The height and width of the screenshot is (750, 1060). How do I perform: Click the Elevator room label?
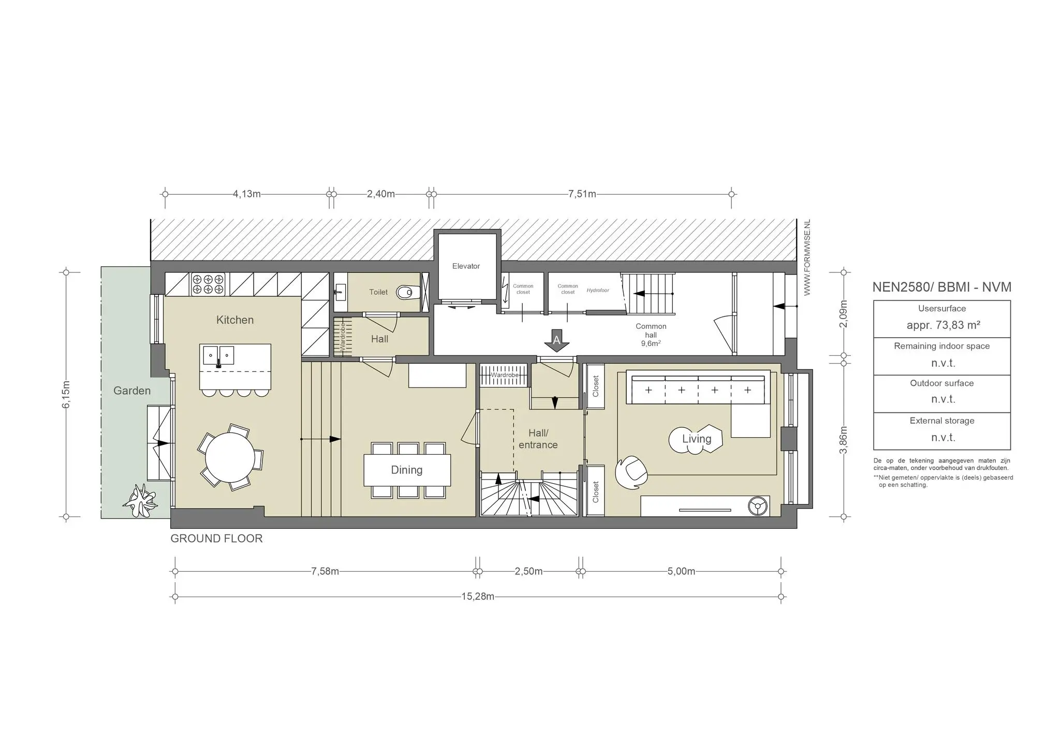(x=466, y=266)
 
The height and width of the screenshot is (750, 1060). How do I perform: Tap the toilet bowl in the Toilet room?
(x=407, y=293)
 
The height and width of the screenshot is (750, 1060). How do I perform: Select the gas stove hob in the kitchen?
(x=209, y=284)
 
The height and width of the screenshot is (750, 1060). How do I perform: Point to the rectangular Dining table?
(x=407, y=470)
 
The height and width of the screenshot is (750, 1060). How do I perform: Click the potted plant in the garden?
(x=140, y=501)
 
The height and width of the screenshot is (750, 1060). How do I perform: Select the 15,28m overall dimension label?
(x=478, y=597)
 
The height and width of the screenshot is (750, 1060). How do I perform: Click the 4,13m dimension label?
(x=246, y=194)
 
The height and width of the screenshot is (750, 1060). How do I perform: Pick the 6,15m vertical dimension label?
(x=66, y=394)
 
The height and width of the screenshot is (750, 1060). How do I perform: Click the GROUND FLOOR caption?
(x=216, y=539)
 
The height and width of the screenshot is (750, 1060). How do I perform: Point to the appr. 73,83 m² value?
(x=944, y=325)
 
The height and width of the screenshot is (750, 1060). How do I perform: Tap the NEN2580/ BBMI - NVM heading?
(x=942, y=287)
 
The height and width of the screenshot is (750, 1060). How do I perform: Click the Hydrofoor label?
(x=598, y=291)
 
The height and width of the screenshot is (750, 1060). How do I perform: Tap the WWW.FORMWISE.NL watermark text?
(x=807, y=257)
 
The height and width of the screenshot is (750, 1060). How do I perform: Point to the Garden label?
(x=132, y=391)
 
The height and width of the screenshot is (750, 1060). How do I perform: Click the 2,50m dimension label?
(x=528, y=571)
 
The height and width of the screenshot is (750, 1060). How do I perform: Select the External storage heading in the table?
(x=942, y=421)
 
